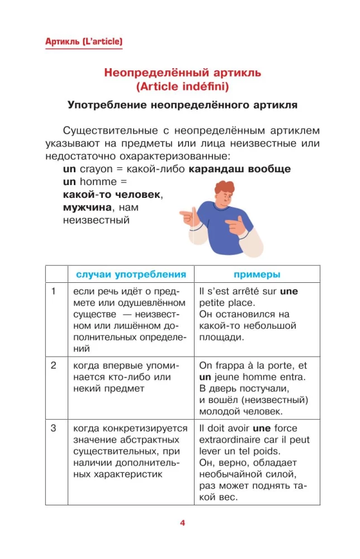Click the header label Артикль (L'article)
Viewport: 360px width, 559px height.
click(83, 41)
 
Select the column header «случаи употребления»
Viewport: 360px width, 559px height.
click(131, 274)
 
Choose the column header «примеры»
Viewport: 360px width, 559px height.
click(257, 274)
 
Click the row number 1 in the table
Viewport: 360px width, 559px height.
click(54, 291)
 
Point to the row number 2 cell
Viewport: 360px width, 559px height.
click(54, 366)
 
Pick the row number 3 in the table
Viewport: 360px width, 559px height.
click(54, 428)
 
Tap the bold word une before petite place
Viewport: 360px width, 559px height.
click(289, 291)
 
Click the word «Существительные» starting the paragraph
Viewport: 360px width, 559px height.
click(105, 131)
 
